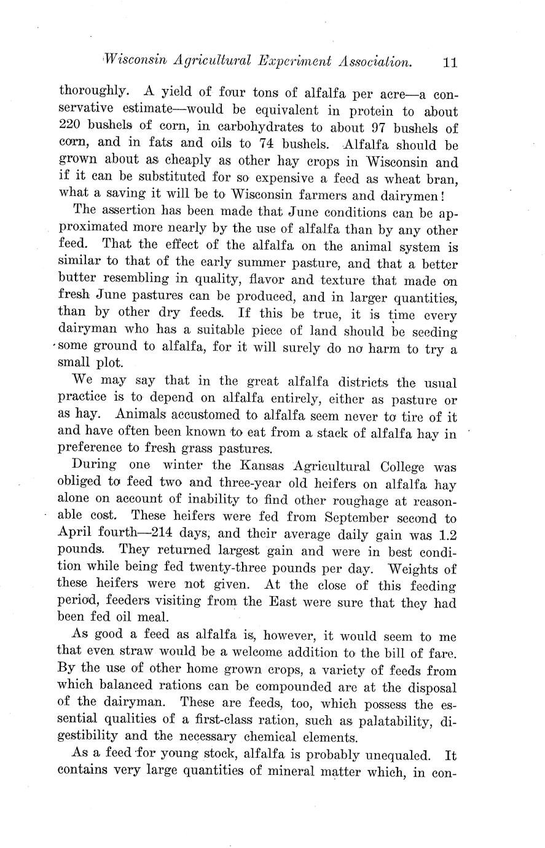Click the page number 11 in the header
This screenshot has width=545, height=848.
pyautogui.click(x=449, y=62)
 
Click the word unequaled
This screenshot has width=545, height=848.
pyautogui.click(x=385, y=755)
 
